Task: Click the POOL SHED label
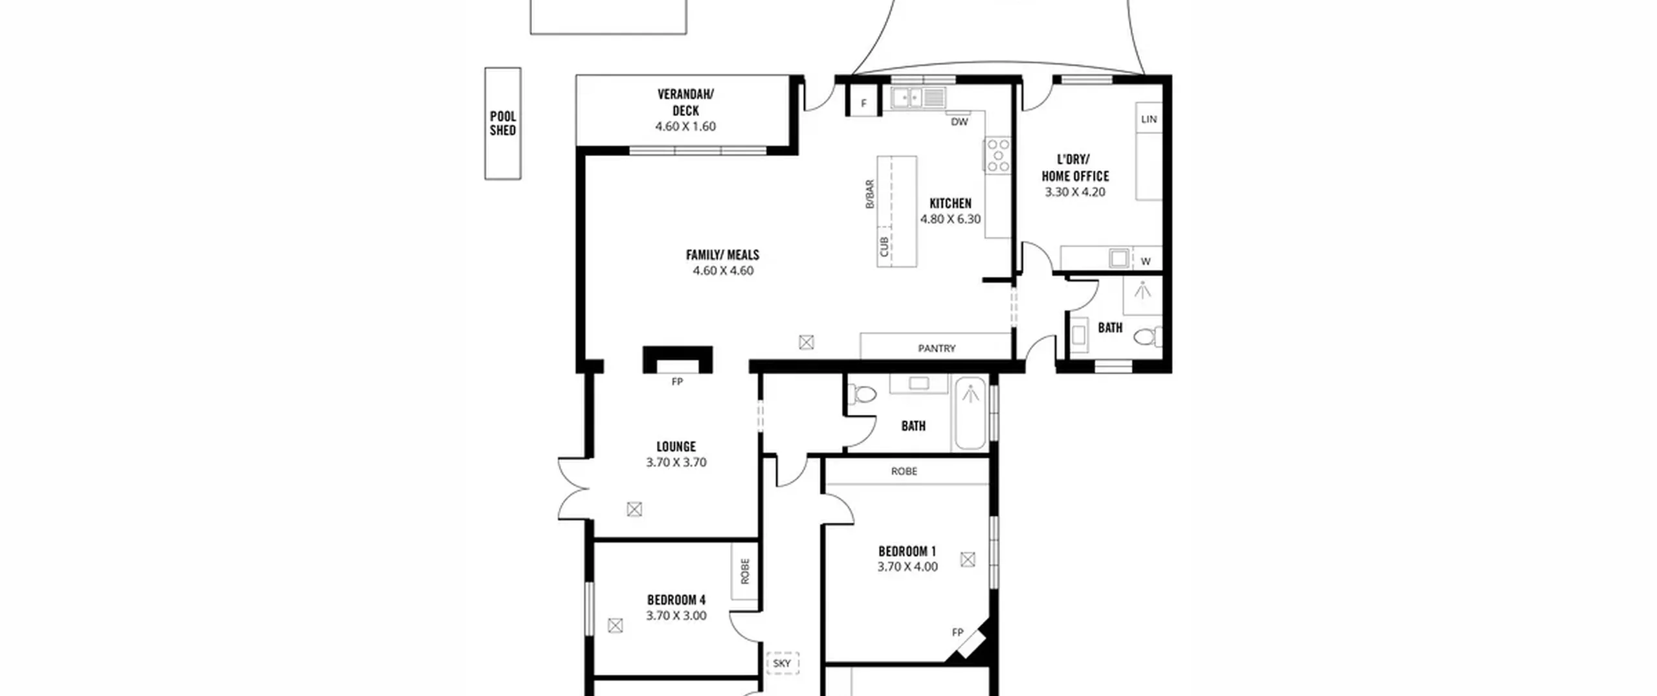coord(503,123)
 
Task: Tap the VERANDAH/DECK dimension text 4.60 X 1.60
coord(685,126)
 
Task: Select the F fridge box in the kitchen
coord(863,104)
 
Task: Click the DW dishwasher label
coord(959,122)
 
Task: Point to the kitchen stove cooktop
coord(997,155)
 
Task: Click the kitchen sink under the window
coord(918,98)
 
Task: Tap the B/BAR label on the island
coord(870,194)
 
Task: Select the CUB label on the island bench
coord(884,247)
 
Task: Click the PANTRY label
coord(936,348)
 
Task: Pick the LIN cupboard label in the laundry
coord(1149,119)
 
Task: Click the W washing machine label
coord(1146,262)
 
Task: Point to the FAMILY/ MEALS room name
coord(722,254)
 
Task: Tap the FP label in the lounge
coord(677,382)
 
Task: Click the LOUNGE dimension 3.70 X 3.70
coord(676,462)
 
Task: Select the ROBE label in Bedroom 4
coord(745,571)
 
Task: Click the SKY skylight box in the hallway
coord(783,664)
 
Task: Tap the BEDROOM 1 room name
coord(907,552)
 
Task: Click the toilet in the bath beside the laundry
coord(1149,337)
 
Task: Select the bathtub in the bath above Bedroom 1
coord(970,412)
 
